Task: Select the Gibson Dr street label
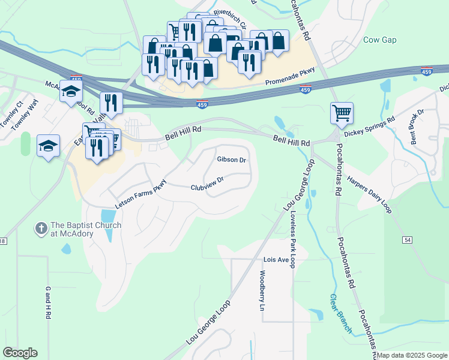[232, 160]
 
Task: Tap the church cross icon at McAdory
[41, 229]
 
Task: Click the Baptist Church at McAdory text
[86, 229]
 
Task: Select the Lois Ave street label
[276, 260]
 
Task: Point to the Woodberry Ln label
[262, 290]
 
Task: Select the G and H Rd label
[47, 301]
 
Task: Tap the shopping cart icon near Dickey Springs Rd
[342, 112]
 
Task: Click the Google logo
[20, 353]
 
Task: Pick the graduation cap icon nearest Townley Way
[48, 145]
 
